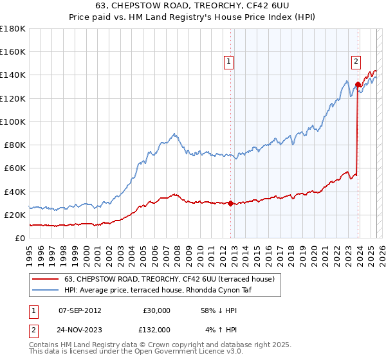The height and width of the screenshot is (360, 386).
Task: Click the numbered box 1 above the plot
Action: click(x=229, y=62)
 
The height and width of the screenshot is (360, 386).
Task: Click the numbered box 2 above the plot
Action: click(x=356, y=62)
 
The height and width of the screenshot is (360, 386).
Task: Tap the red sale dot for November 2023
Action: click(x=358, y=84)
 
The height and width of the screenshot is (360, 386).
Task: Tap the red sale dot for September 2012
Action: click(x=230, y=203)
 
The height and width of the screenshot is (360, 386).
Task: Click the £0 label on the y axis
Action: click(x=19, y=239)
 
